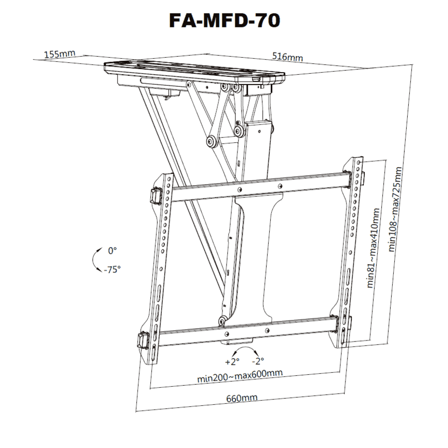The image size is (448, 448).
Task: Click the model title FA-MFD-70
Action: click(x=224, y=20)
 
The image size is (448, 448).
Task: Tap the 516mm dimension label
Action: click(x=287, y=57)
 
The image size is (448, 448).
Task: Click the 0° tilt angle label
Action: click(x=112, y=251)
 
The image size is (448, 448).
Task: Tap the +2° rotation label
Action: click(x=232, y=361)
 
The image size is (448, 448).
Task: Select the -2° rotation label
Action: click(x=258, y=361)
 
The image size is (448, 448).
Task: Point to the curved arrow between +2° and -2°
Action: click(x=245, y=352)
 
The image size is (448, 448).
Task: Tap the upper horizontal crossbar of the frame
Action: click(x=259, y=186)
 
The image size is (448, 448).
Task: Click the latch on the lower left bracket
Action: click(x=143, y=341)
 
